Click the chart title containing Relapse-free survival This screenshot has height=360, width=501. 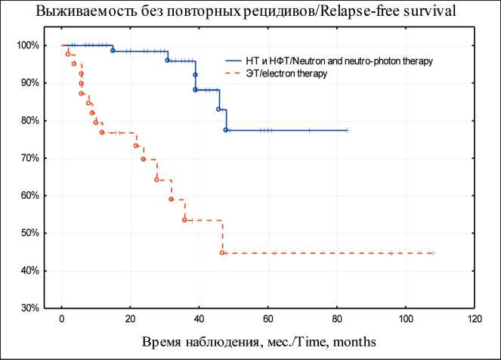(x=250, y=13)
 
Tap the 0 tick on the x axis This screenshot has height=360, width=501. (x=61, y=318)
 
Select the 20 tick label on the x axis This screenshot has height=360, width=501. (x=130, y=318)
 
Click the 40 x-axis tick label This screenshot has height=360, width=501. (x=199, y=318)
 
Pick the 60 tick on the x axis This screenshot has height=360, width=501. (x=268, y=318)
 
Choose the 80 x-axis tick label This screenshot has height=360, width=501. (x=336, y=318)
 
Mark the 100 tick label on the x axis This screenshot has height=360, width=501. (x=405, y=318)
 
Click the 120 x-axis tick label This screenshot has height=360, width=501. (x=474, y=318)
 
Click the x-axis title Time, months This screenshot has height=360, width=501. (x=256, y=343)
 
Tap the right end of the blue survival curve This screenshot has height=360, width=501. (x=347, y=130)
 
